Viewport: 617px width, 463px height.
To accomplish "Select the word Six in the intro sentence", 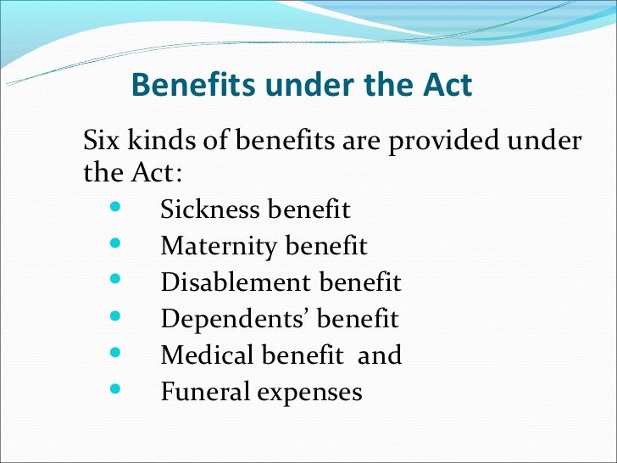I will point(100,141).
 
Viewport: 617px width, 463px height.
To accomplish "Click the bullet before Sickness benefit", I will point(114,208).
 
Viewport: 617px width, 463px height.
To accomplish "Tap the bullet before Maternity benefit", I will point(114,244).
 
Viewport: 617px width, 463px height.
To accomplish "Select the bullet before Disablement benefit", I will point(114,281).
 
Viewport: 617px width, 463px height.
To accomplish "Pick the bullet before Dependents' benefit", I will point(114,317).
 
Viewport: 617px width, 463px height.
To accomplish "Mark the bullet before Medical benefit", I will point(114,354).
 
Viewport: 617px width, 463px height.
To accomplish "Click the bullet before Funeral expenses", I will point(114,390).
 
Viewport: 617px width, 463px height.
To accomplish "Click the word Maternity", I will point(219,246).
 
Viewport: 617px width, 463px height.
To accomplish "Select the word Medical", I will point(208,355).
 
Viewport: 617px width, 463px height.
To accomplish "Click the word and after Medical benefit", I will point(380,355).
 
